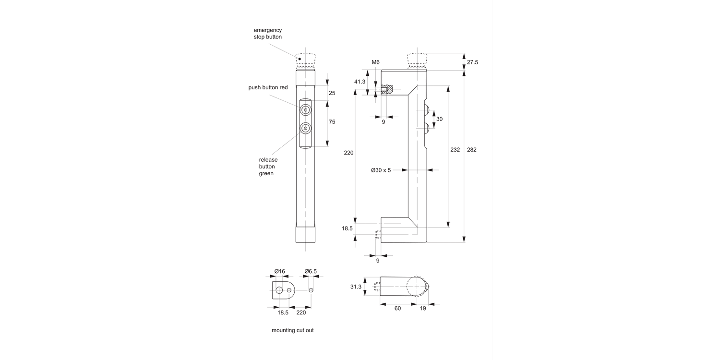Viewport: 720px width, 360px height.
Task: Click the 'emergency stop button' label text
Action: click(268, 33)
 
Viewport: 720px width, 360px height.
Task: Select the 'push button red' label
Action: click(268, 87)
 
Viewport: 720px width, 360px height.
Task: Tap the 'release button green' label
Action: click(268, 167)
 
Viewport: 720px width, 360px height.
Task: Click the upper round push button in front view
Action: click(305, 110)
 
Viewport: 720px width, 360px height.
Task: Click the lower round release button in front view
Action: click(305, 129)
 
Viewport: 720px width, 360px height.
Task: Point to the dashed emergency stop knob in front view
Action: click(305, 60)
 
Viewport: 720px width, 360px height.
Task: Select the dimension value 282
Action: click(471, 150)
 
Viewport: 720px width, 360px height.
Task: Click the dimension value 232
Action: click(455, 150)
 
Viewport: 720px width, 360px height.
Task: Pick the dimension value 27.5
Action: click(472, 62)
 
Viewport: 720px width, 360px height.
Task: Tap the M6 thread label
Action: click(375, 62)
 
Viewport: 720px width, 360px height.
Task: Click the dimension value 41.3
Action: click(360, 82)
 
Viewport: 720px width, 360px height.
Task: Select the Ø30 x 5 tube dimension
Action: click(381, 170)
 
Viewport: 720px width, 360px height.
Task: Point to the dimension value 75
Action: click(332, 122)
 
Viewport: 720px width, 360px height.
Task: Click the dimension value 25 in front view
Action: click(332, 92)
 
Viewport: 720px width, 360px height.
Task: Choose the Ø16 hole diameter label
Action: click(279, 271)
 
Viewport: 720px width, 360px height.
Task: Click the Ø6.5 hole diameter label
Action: click(311, 271)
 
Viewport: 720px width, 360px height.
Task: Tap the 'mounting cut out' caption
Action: click(292, 330)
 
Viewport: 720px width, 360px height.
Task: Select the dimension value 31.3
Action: click(356, 287)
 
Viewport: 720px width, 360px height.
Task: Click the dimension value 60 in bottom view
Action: click(397, 309)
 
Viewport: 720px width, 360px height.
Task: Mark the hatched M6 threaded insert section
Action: click(387, 89)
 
